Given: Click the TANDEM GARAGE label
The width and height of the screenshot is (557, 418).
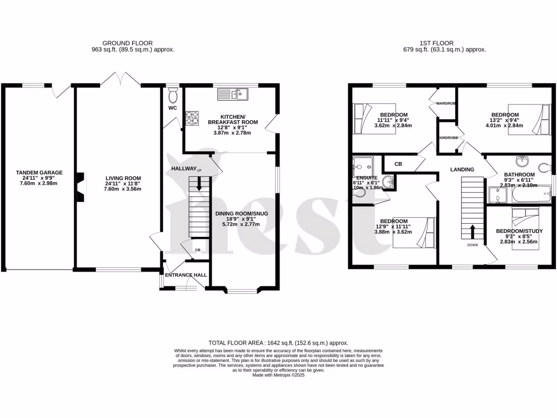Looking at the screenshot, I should coord(39,173).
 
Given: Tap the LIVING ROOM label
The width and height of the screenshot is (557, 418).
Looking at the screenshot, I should coord(123,178).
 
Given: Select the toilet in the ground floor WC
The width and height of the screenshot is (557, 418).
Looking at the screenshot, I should coord(173,96).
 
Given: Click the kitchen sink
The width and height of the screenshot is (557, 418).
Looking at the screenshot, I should coord(233,95).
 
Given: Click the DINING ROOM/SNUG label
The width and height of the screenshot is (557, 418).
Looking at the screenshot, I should coord(242,213).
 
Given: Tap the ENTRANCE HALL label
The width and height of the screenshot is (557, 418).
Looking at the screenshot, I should coord(187,275).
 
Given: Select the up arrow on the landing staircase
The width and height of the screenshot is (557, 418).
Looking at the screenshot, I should coord(472,231).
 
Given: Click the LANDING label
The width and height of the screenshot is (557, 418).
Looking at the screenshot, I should coord(462,169).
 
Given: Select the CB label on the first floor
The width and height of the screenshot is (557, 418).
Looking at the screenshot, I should coord(398,163).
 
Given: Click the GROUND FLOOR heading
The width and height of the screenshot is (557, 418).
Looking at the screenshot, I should coord(128,43).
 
